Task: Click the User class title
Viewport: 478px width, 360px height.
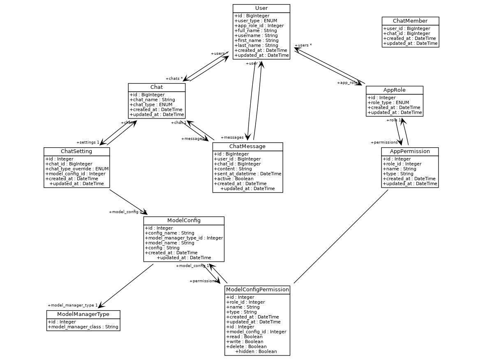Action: [261, 8]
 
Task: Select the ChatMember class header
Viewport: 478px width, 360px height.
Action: [410, 21]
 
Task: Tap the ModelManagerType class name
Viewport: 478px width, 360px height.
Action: [83, 314]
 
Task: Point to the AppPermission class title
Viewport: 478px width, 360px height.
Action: [410, 151]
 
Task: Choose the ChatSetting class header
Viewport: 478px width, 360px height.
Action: [76, 151]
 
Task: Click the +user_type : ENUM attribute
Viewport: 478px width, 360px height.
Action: [256, 21]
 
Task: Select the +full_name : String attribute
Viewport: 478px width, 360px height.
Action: [256, 30]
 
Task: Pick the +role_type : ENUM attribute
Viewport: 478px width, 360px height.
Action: [388, 103]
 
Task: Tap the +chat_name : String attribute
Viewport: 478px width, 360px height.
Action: [152, 100]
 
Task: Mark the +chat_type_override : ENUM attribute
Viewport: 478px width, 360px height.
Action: [77, 169]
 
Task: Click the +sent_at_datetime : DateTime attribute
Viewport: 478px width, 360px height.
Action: [247, 174]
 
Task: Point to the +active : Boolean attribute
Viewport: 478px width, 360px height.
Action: [233, 179]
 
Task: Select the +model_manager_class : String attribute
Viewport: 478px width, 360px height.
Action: [83, 327]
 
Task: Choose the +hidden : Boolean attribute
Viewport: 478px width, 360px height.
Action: [256, 351]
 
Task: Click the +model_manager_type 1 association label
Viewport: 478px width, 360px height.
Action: [73, 305]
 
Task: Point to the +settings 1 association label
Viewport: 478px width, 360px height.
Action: [88, 142]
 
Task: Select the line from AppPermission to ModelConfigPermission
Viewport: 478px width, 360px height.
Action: [341, 236]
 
